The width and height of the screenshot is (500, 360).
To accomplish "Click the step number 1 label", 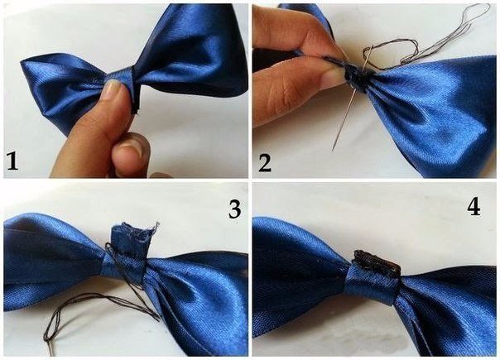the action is [x=12, y=161].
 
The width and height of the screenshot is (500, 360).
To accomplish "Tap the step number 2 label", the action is [x=264, y=163].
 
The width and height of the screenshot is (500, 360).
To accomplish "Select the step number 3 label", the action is [x=234, y=209].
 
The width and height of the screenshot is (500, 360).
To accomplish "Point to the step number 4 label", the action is [x=474, y=208].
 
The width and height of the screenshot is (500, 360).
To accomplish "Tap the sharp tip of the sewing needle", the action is [x=333, y=150].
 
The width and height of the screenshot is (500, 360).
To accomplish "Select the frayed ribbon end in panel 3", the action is [x=135, y=234].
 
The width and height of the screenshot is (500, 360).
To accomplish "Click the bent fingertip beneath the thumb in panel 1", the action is [x=132, y=149].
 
